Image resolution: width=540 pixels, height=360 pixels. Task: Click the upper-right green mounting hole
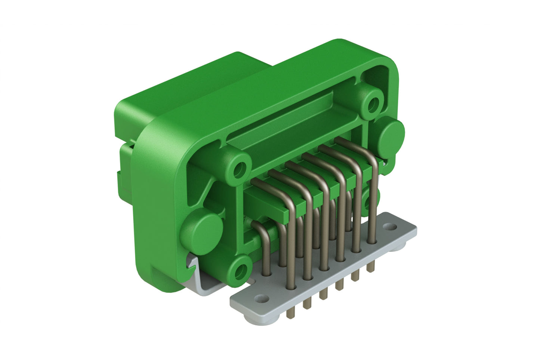point(372,104)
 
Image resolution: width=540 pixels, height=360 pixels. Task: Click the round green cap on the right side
point(391,134)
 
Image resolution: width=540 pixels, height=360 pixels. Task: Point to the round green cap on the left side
point(201,232)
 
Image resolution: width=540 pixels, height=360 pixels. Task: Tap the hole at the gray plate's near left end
point(260,299)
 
